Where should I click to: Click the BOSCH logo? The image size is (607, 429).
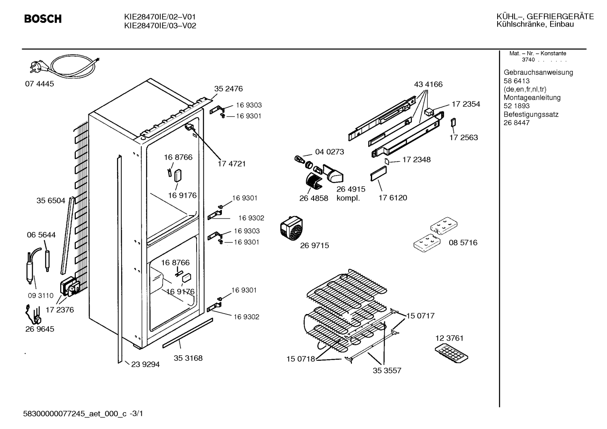pos(43,19)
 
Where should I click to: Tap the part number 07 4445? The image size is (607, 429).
pos(40,84)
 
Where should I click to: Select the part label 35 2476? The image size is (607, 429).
pos(229,88)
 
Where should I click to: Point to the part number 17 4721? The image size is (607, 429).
pos(232,164)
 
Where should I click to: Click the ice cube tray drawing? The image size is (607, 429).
pos(451,353)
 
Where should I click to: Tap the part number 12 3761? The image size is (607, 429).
pos(450,338)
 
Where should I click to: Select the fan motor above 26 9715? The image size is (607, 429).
pos(291,229)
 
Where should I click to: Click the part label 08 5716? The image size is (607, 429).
pos(463,242)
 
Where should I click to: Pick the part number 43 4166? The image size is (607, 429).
pos(428,84)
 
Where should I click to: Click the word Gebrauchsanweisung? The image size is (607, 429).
pos(538,72)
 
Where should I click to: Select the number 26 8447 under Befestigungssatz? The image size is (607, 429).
pos(516,123)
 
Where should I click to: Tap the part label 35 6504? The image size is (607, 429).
pos(51,200)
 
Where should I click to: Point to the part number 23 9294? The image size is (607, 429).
pos(146,365)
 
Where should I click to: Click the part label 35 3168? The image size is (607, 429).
pos(188,358)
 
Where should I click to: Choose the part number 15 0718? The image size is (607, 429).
pos(301,359)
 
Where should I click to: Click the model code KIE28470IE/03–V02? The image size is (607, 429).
pos(160,26)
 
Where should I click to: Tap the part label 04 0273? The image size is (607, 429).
pos(330,152)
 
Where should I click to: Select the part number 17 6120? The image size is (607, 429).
pos(393,197)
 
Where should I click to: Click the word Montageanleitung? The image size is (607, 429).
pos(532,98)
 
